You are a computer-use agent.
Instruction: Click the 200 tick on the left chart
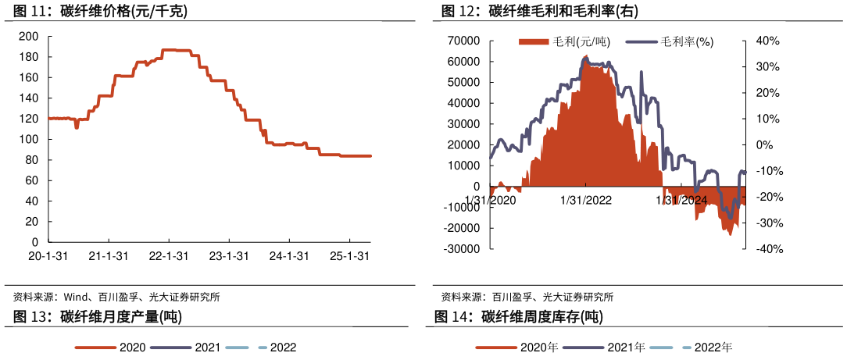click(28, 37)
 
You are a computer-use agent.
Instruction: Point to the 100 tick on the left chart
click(28, 140)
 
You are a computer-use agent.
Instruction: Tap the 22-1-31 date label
click(169, 256)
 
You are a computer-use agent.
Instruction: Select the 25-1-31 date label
click(348, 256)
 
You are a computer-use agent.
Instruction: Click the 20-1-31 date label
click(48, 256)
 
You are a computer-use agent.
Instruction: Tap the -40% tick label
click(767, 249)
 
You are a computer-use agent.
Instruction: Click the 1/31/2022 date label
click(586, 200)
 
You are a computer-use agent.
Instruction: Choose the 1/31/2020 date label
click(491, 200)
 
